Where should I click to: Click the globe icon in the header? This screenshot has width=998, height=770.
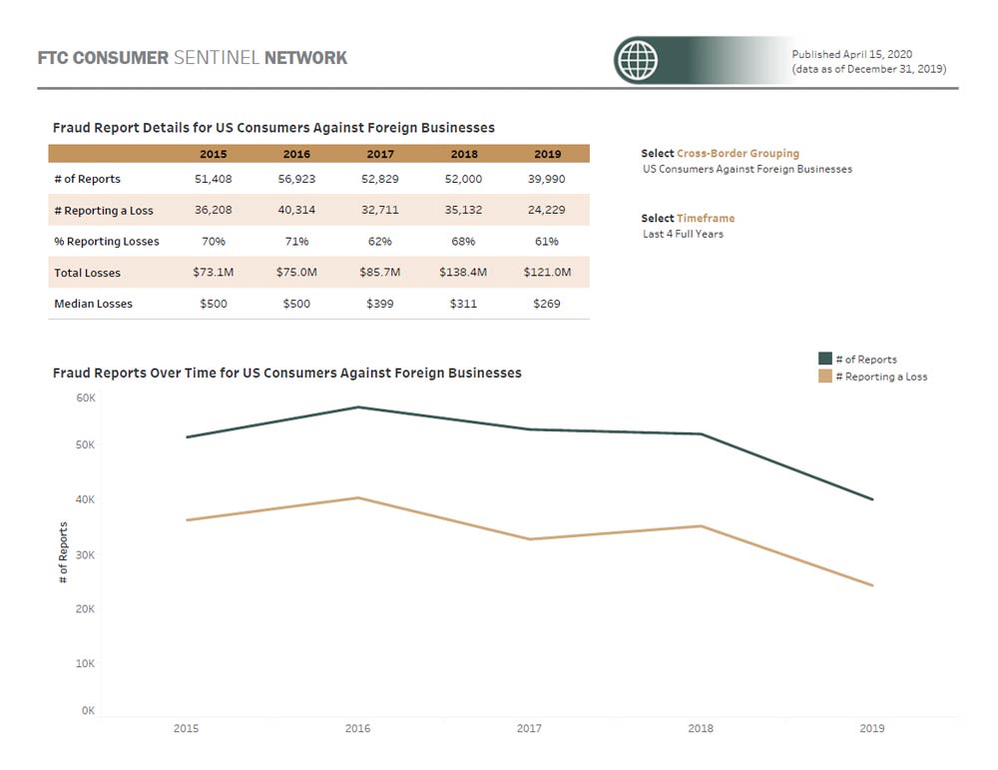637,61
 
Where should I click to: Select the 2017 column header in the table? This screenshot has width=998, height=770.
380,154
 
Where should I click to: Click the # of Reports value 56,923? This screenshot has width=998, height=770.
296,179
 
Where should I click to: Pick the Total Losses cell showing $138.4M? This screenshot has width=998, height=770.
463,272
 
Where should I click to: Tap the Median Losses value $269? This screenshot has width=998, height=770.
547,304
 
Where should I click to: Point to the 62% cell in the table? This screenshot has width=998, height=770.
380,241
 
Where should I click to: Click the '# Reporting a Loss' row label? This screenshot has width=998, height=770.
104,211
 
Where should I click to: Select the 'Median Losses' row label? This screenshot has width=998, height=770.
93,304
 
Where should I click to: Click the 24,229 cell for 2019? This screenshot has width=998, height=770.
547,210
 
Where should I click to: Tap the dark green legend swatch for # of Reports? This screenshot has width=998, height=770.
825,359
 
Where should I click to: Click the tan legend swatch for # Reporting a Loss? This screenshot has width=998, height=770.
825,377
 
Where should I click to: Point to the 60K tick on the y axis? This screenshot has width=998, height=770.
86,397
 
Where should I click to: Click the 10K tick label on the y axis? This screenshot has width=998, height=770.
86,663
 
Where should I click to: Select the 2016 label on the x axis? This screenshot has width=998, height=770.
357,729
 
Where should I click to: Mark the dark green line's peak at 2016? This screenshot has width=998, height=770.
357,406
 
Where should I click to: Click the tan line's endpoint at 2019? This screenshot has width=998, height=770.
872,585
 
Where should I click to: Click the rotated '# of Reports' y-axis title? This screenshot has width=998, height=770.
64,552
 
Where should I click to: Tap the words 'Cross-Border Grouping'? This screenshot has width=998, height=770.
738,154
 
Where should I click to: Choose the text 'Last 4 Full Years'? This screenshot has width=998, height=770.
683,234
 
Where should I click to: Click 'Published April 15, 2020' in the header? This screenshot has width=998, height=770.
851,54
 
